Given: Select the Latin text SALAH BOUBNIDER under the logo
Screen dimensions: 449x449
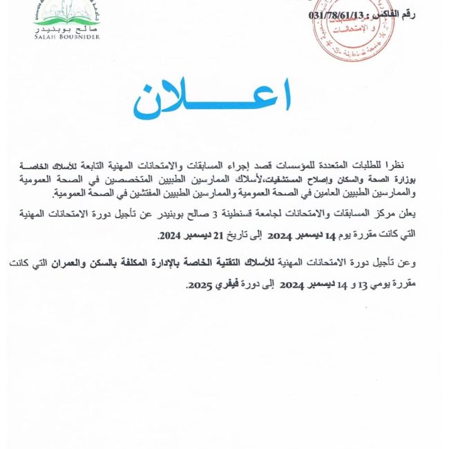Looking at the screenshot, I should [x=67, y=37].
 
